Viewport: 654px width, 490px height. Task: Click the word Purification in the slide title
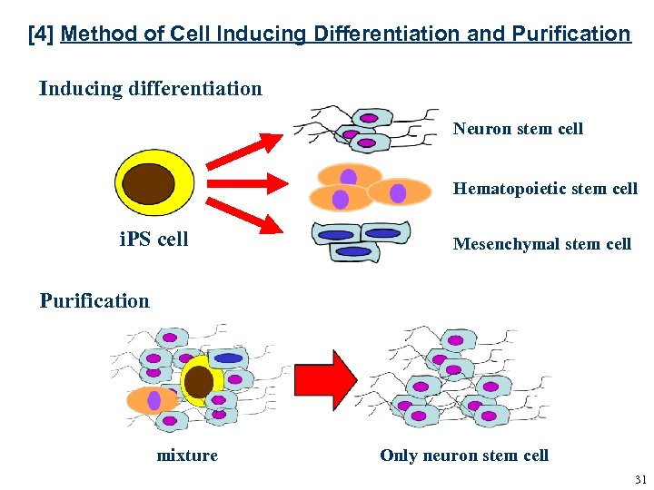[x=570, y=34]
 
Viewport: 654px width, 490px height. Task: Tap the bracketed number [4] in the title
[x=40, y=34]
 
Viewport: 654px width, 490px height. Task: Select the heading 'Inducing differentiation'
[x=151, y=89]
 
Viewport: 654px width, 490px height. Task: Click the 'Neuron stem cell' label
[x=518, y=129]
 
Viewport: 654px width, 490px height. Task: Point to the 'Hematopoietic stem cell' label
[x=545, y=189]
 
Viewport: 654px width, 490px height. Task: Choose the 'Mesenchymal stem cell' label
[x=541, y=243]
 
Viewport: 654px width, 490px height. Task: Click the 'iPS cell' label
[x=154, y=240]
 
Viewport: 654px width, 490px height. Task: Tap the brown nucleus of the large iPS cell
[x=149, y=184]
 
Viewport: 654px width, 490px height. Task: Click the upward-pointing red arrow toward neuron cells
[x=244, y=152]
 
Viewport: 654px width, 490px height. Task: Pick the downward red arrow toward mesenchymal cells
[x=244, y=215]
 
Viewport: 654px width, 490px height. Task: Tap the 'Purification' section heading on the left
[x=94, y=301]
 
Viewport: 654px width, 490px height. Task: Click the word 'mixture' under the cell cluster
[x=187, y=456]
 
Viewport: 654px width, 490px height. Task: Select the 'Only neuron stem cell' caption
[x=464, y=456]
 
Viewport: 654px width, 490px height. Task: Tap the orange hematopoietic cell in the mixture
[x=151, y=400]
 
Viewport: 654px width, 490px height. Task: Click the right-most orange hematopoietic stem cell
[x=399, y=192]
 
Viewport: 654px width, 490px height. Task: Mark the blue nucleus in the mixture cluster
[x=228, y=358]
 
